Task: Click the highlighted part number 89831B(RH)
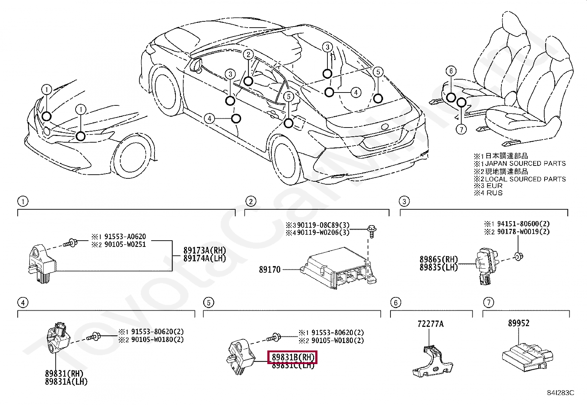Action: pyautogui.click(x=292, y=357)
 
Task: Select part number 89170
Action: pyautogui.click(x=270, y=270)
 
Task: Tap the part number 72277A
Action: pyautogui.click(x=430, y=324)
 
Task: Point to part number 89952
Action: pyautogui.click(x=518, y=323)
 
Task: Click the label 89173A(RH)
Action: pyautogui.click(x=205, y=251)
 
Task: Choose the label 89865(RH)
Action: pyautogui.click(x=438, y=259)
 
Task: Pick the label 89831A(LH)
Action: pyautogui.click(x=66, y=382)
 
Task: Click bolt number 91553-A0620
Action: pyautogui.click(x=125, y=237)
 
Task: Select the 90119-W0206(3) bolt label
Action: pyautogui.click(x=323, y=233)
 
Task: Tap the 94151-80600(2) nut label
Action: pyautogui.click(x=523, y=224)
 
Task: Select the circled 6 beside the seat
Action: pyautogui.click(x=451, y=71)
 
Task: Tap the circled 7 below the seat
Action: pyautogui.click(x=461, y=129)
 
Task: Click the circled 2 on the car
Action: pyautogui.click(x=249, y=55)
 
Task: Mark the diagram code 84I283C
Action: pyautogui.click(x=560, y=393)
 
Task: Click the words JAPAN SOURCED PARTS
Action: pyautogui.click(x=525, y=163)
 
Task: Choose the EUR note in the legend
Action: pyautogui.click(x=494, y=186)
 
